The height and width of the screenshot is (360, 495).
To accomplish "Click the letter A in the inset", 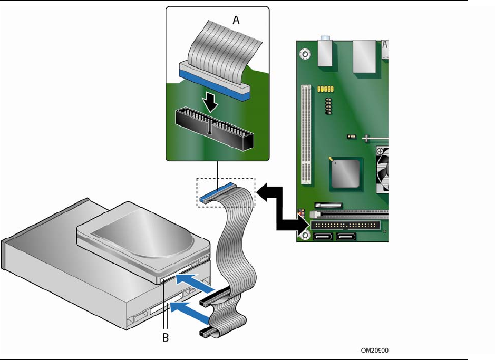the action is click(x=236, y=20).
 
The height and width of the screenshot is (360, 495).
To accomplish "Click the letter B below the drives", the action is click(x=166, y=337).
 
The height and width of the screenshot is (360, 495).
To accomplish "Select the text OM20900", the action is click(x=375, y=350).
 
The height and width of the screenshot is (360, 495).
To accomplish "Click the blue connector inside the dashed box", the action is click(x=218, y=192).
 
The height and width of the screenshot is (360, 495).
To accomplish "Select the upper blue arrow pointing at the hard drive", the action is click(x=194, y=282).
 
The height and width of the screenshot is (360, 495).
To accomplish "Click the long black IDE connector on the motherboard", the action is click(x=345, y=225).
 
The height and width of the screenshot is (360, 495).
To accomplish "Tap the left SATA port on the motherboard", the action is click(x=322, y=237).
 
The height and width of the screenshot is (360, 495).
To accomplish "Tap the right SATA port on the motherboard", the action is click(x=346, y=237).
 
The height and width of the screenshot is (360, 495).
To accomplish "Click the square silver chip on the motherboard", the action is click(x=345, y=174).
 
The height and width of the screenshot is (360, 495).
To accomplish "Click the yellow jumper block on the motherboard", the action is click(x=325, y=89).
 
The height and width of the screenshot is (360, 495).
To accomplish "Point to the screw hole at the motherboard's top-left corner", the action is click(x=305, y=54).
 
